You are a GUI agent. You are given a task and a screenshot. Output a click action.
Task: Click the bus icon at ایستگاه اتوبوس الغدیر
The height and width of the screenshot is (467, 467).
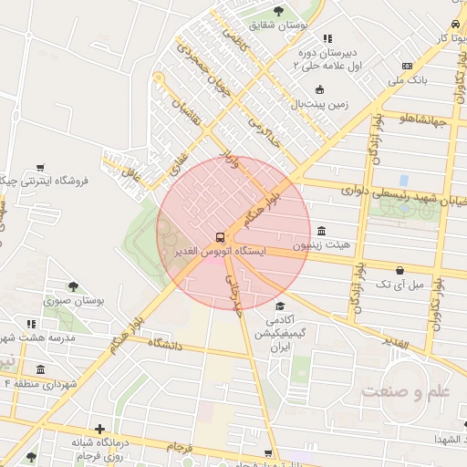220,235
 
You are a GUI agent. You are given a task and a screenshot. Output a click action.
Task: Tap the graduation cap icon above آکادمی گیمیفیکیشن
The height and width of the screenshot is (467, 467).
281,306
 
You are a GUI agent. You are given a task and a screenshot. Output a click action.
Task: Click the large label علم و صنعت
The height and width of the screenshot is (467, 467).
406,391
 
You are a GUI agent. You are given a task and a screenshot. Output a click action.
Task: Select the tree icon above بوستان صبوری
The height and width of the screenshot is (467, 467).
73,285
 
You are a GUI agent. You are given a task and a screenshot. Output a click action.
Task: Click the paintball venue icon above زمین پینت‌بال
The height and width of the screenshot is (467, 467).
319,89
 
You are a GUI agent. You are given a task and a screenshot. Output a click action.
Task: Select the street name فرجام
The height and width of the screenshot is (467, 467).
180,446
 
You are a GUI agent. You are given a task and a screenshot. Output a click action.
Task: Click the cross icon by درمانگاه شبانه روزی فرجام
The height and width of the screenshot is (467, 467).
99,429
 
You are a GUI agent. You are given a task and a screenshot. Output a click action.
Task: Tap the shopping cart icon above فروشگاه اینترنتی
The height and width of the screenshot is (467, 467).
41,167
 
